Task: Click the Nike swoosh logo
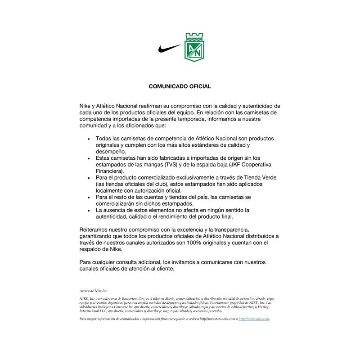tap(169, 48)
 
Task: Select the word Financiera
tap(111, 171)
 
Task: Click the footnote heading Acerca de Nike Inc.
tap(94, 291)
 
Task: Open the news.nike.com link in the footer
tap(254, 319)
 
